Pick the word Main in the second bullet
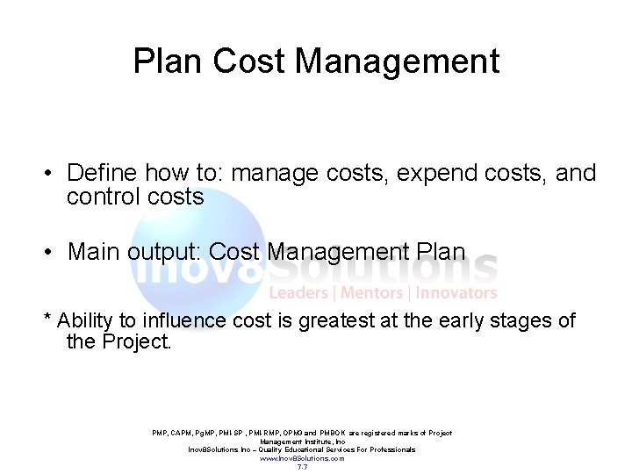[94, 252]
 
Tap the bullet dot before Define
[51, 174]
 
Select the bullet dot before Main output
[51, 253]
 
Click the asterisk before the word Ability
[47, 318]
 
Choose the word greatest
[338, 321]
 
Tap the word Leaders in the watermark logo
[298, 293]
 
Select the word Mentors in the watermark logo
[371, 293]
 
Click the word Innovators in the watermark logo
[456, 293]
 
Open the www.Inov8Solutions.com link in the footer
[302, 458]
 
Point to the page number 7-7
[302, 467]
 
